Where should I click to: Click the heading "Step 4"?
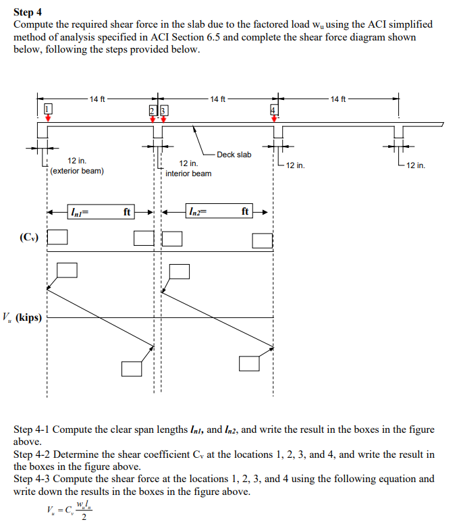[28, 12]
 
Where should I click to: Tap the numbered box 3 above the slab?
[163, 111]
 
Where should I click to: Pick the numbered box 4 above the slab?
[274, 109]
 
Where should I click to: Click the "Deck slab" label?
[234, 155]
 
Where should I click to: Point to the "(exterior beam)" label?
[76, 171]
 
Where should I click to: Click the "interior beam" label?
[188, 174]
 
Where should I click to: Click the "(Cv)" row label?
[29, 237]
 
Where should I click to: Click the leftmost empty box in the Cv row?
[58, 237]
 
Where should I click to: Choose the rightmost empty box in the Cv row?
[262, 240]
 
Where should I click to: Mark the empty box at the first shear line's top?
[67, 269]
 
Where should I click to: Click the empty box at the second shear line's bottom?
[249, 363]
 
